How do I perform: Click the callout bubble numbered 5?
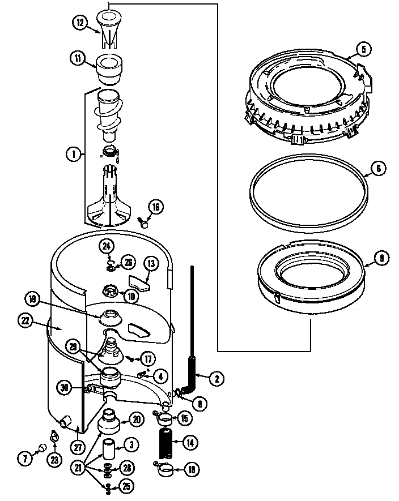pyautogui.click(x=364, y=49)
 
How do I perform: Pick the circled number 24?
pyautogui.click(x=106, y=245)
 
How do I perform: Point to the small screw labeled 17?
pyautogui.click(x=131, y=357)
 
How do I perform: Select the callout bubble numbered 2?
pyautogui.click(x=215, y=379)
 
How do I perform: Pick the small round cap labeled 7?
pyautogui.click(x=40, y=448)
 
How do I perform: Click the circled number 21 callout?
pyautogui.click(x=78, y=468)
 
